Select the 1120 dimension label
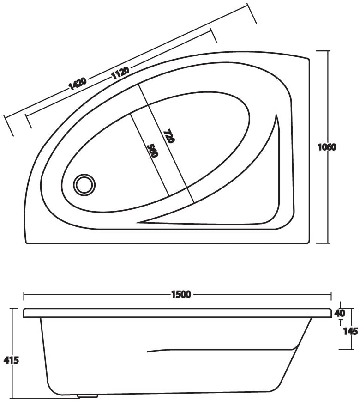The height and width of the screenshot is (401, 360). [120, 73]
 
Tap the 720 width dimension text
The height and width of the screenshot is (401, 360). [169, 136]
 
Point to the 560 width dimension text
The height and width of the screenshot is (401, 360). [153, 151]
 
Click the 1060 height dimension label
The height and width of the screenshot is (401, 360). [327, 147]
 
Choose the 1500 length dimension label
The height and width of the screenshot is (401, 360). [181, 294]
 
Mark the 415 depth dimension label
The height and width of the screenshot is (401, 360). [11, 360]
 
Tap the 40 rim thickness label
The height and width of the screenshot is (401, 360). [340, 313]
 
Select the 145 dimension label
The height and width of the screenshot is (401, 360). [350, 331]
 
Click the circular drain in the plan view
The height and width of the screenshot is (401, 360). [84, 185]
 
